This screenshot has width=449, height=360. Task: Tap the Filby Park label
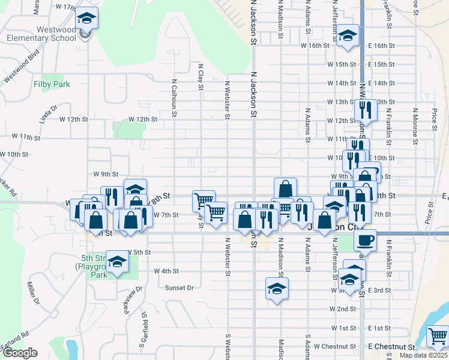pos(52,85)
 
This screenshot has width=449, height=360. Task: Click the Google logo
pos(19,353)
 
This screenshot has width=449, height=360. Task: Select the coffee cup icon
pos(365,241)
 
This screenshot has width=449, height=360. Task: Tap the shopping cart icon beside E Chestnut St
pos(438,337)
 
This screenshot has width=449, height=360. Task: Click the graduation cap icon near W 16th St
pos(348,35)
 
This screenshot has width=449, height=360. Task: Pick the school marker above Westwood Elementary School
pos(88,19)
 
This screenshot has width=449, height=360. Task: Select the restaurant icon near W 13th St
pos(365,110)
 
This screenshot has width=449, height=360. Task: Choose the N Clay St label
pos(200,78)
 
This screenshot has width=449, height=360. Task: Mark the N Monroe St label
pos(415,126)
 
